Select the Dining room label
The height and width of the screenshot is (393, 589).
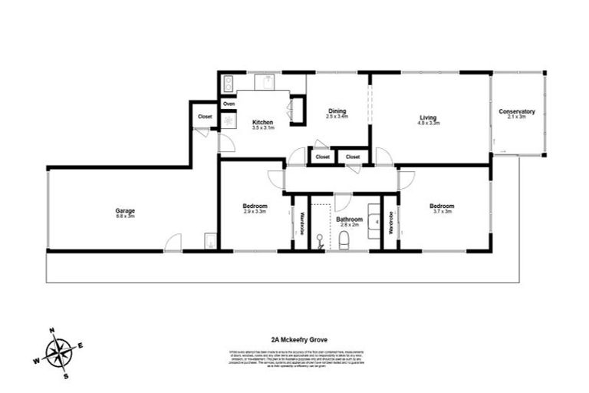(x=337, y=111)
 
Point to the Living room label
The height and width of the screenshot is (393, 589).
(x=428, y=117)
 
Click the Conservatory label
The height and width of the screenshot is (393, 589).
(x=516, y=111)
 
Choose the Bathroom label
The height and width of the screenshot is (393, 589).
(x=350, y=220)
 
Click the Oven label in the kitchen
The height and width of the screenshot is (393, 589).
(x=229, y=103)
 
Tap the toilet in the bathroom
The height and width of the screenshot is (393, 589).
(x=344, y=241)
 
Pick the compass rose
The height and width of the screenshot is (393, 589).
(x=59, y=353)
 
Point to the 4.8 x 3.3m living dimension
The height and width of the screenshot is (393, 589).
(x=428, y=124)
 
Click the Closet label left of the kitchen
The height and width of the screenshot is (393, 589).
(x=205, y=117)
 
